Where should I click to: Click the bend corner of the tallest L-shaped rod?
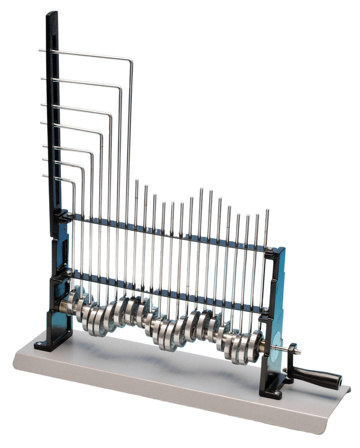tap(130, 60)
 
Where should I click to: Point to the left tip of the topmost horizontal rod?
tap(40, 50)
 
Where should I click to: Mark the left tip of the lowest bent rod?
tap(44, 176)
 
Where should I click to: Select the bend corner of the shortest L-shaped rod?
tap(73, 182)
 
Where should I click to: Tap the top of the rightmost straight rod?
tap(267, 211)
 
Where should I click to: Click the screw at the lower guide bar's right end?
tap(265, 309)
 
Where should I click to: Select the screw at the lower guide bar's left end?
tap(68, 271)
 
